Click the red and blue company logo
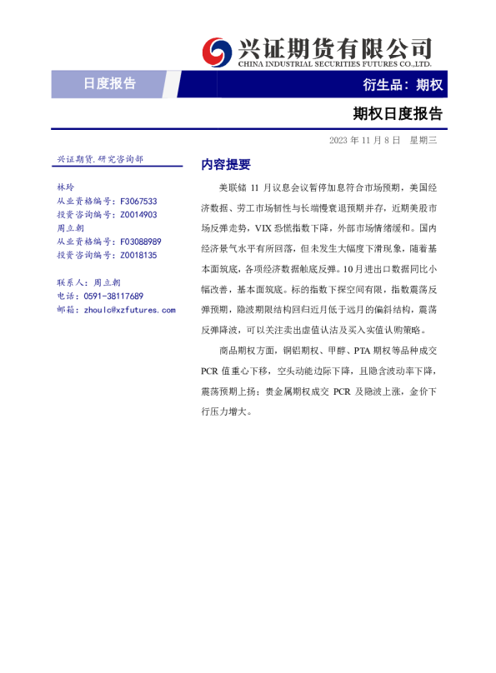coord(218,52)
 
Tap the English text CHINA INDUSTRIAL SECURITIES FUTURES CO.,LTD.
coord(334,63)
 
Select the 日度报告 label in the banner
coord(109,83)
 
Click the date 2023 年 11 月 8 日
coord(364,140)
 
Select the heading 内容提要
coord(226,164)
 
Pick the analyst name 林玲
coord(65,187)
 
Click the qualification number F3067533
coord(138,201)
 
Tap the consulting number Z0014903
coord(138,214)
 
